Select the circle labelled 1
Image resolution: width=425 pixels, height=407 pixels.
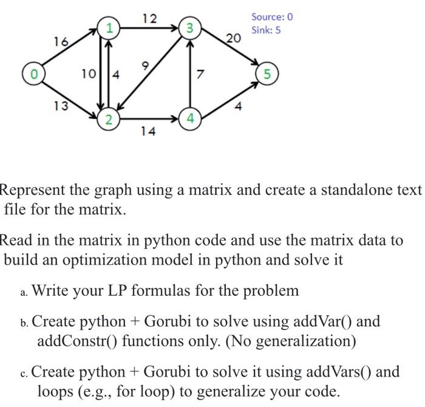tap(109, 27)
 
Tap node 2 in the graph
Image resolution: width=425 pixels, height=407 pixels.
tap(108, 119)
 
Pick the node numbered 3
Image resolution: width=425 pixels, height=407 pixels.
tap(190, 27)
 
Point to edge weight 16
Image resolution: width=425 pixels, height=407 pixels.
tap(61, 41)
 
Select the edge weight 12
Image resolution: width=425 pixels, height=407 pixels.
tap(149, 18)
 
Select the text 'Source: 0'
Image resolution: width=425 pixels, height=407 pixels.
tap(272, 16)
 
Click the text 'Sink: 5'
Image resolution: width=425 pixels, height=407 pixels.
tap(267, 30)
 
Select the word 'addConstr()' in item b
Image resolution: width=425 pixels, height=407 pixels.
tap(75, 341)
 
